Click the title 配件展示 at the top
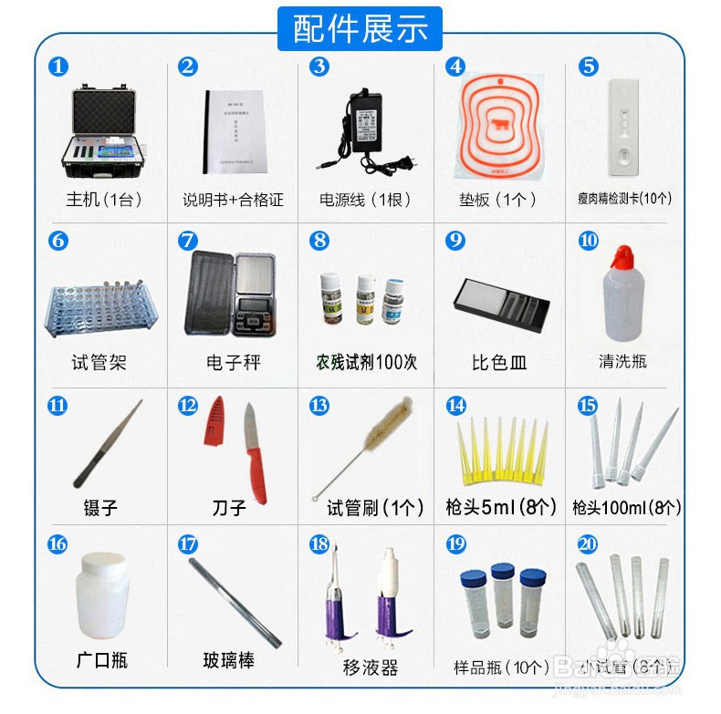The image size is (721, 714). click(x=360, y=28)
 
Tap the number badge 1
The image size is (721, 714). click(x=58, y=67)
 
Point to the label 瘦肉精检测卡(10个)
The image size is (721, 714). click(x=624, y=198)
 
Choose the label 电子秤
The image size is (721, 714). click(x=234, y=362)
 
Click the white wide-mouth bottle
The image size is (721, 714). click(x=101, y=597)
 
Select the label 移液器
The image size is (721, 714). click(x=371, y=667)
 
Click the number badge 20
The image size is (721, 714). click(x=588, y=544)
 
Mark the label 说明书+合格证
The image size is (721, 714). click(x=234, y=199)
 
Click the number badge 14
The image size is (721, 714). click(x=455, y=405)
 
